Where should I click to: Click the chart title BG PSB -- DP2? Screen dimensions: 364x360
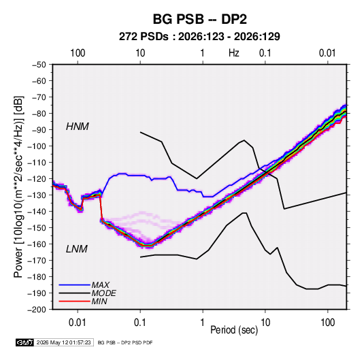[199, 19]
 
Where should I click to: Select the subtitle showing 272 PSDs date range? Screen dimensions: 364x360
[199, 37]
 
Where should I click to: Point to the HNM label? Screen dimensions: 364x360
[78, 127]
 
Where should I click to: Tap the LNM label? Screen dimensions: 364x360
[77, 249]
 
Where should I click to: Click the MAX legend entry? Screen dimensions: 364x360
[100, 284]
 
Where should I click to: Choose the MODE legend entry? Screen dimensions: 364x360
[104, 293]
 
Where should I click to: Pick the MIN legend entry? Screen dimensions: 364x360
[99, 301]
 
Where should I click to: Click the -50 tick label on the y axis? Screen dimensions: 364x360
[39, 65]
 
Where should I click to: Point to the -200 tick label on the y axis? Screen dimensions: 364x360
[37, 310]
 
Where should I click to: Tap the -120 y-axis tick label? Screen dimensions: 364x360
[37, 179]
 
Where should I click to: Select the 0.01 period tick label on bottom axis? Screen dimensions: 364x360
[78, 323]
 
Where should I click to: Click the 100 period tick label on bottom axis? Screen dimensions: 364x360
[327, 323]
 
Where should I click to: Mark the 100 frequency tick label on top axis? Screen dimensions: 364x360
[78, 53]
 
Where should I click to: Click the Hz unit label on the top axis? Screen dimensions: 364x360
[234, 53]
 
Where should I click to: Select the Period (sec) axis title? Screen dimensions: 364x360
[234, 330]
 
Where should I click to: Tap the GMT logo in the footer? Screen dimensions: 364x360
[24, 342]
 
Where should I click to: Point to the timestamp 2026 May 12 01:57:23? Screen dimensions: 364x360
[63, 342]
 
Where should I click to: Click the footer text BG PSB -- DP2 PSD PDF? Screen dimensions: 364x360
[125, 342]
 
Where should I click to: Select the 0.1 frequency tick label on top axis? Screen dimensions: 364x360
[265, 53]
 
